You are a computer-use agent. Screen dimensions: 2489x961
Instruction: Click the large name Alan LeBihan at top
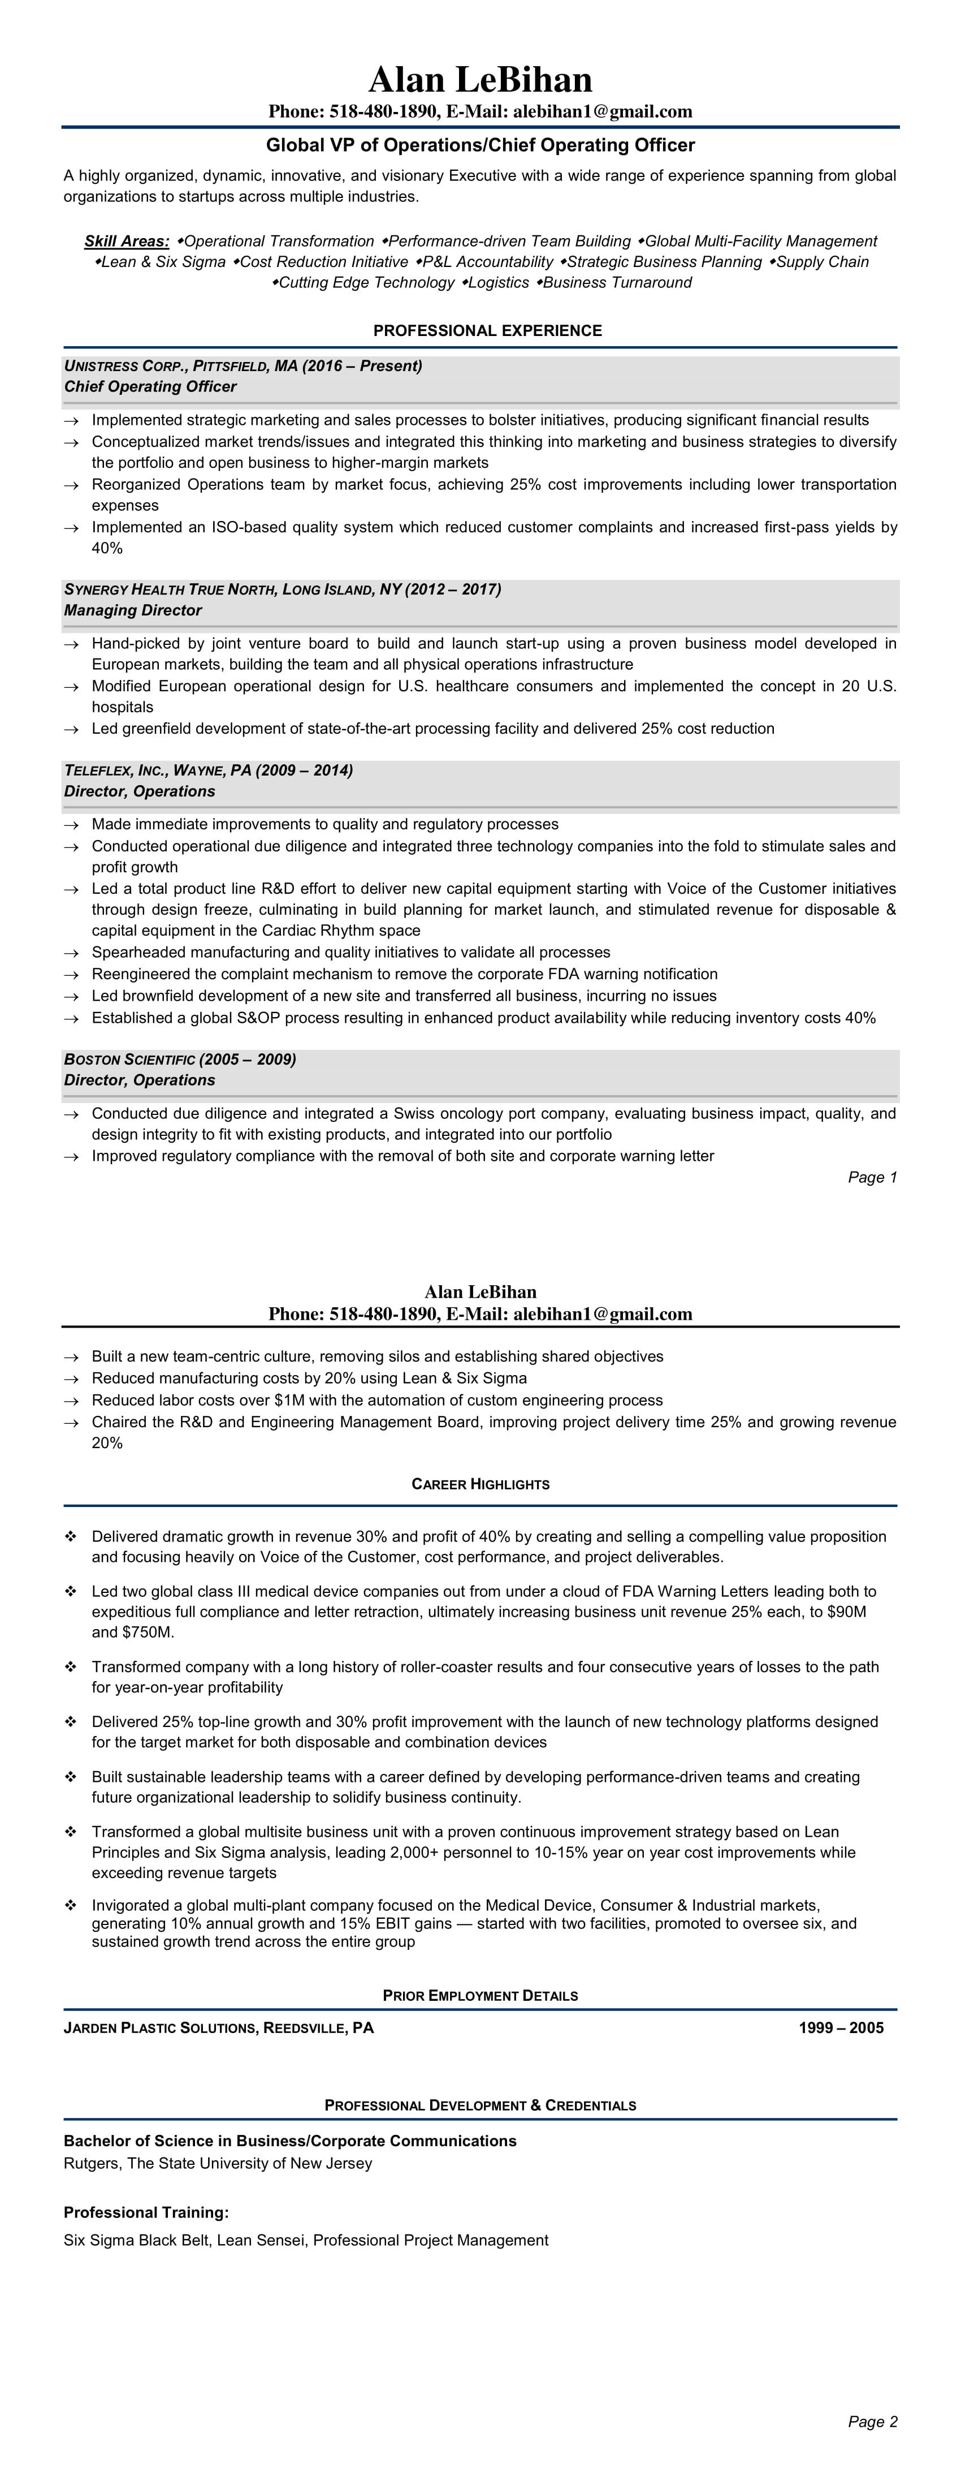pyautogui.click(x=480, y=79)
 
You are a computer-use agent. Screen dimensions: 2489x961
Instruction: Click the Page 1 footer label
pyautogui.click(x=872, y=1177)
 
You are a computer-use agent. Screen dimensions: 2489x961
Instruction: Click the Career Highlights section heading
pyautogui.click(x=480, y=1484)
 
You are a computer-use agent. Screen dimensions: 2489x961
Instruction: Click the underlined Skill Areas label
pyautogui.click(x=127, y=240)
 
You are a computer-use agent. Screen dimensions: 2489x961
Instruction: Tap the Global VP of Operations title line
pyautogui.click(x=480, y=145)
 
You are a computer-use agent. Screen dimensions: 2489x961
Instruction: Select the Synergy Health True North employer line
pyautogui.click(x=282, y=589)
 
